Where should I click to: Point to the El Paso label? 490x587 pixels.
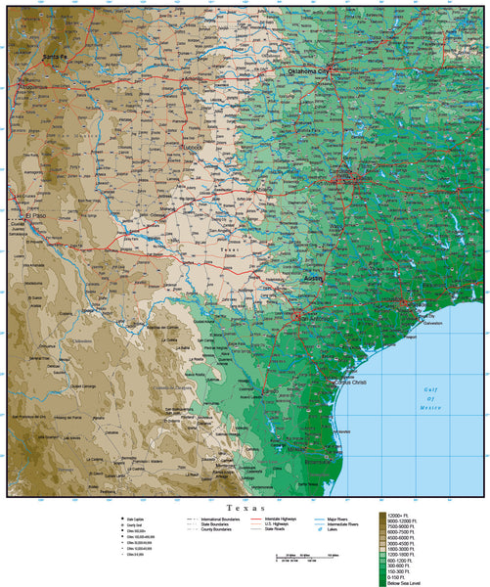(36, 216)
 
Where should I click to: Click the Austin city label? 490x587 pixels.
(313, 279)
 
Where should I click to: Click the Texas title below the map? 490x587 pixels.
(245, 509)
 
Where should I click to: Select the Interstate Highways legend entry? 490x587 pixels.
(283, 519)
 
